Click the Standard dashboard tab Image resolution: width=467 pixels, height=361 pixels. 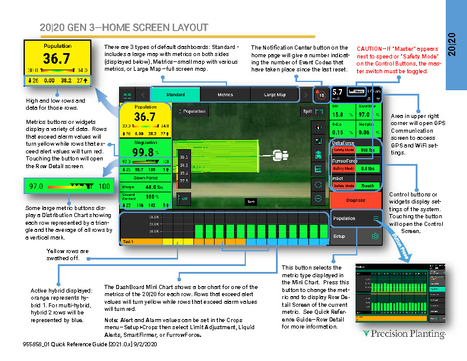tap(175, 94)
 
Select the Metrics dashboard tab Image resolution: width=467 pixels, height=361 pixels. tap(225, 94)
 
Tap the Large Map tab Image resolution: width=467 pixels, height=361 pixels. tap(275, 94)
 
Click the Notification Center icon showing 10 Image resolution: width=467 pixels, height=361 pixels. tap(320, 94)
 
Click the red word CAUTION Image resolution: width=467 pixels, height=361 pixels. tap(370, 48)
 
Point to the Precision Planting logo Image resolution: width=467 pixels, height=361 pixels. tap(404, 334)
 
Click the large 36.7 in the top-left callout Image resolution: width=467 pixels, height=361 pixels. tap(57, 58)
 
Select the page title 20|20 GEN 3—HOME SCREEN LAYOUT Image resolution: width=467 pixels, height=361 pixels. tap(124, 28)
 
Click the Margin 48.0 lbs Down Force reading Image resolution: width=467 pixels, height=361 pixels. tap(145, 186)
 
